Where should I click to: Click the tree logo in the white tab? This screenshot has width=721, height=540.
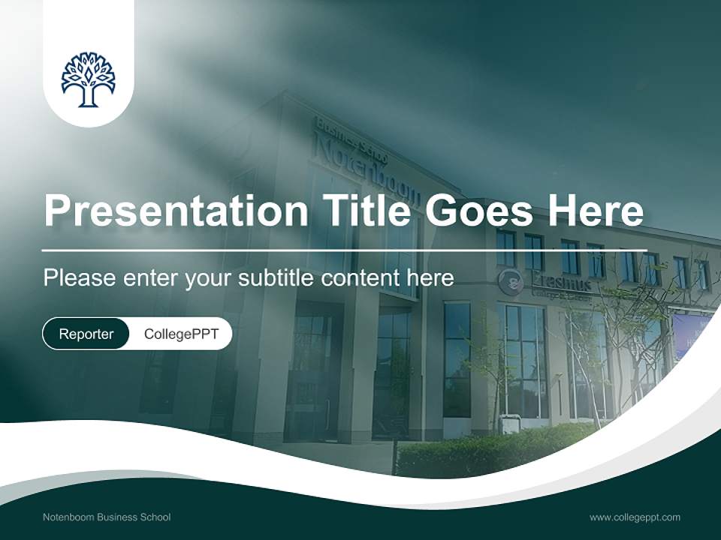tap(89, 79)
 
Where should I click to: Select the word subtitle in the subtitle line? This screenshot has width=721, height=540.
tap(274, 278)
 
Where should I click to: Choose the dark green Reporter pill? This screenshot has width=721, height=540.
tap(86, 334)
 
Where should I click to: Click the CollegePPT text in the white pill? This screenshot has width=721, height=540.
tap(181, 334)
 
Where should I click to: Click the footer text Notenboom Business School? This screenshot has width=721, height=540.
tap(107, 517)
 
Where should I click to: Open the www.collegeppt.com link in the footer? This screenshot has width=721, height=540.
tap(635, 517)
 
